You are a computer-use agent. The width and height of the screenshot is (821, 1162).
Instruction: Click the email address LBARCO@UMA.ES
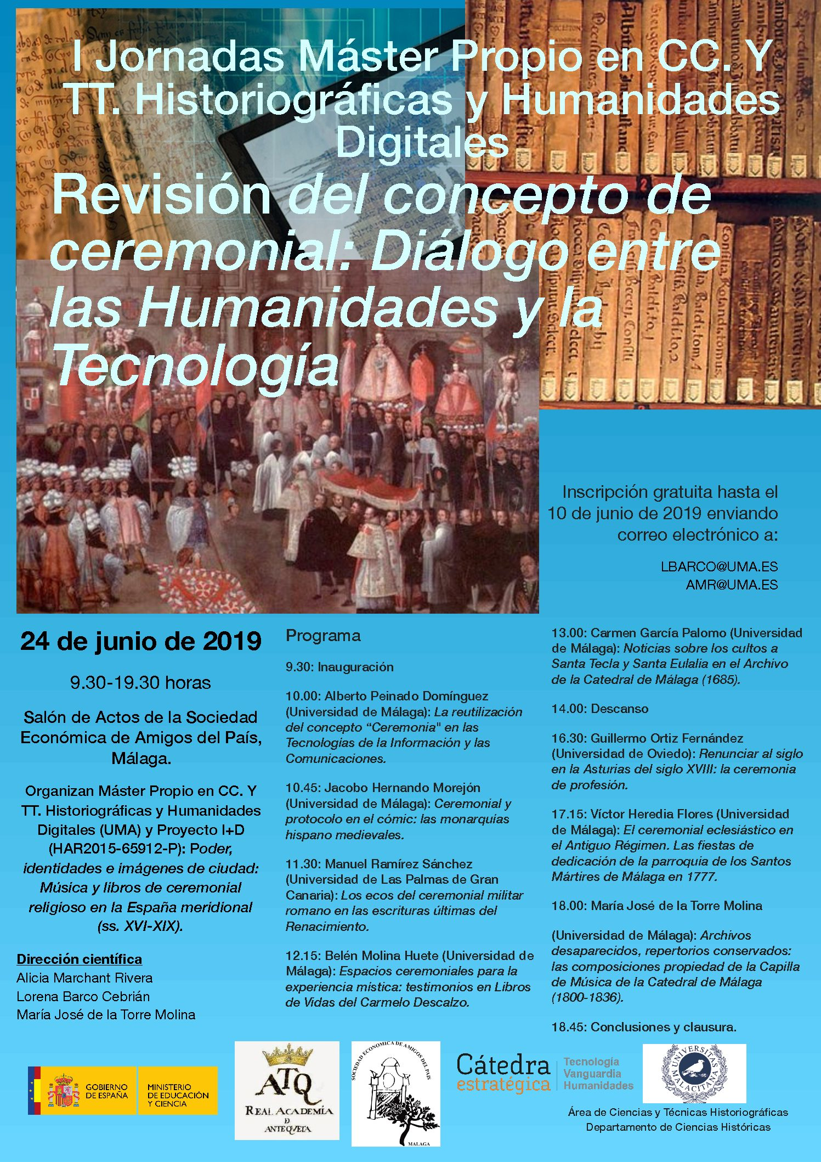pyautogui.click(x=719, y=566)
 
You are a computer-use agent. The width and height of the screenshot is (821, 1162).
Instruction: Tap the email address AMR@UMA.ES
pyautogui.click(x=732, y=585)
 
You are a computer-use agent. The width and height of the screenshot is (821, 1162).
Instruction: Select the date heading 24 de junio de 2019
pyautogui.click(x=140, y=641)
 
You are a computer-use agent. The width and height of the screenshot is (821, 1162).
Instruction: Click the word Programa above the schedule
pyautogui.click(x=323, y=636)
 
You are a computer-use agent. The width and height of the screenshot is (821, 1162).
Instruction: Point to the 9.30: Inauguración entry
pyautogui.click(x=339, y=667)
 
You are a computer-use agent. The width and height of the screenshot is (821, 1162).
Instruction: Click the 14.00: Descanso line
pyautogui.click(x=599, y=709)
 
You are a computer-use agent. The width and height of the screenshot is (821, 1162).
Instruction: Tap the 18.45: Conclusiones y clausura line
pyautogui.click(x=644, y=1026)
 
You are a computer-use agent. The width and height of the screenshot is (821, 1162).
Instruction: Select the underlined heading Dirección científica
pyautogui.click(x=80, y=959)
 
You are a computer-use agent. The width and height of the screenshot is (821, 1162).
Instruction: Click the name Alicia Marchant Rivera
pyautogui.click(x=84, y=978)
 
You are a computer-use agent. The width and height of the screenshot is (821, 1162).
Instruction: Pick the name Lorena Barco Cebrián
pyautogui.click(x=83, y=996)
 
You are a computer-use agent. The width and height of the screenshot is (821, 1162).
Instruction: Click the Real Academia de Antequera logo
pyautogui.click(x=287, y=1090)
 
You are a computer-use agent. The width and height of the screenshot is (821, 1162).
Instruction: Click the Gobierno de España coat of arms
pyautogui.click(x=64, y=1091)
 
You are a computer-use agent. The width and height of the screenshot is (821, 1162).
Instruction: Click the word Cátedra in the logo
pyautogui.click(x=503, y=1066)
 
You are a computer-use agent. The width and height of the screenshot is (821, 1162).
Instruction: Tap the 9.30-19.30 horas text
pyautogui.click(x=140, y=683)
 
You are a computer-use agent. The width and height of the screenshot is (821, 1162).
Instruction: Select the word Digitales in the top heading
pyautogui.click(x=422, y=142)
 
